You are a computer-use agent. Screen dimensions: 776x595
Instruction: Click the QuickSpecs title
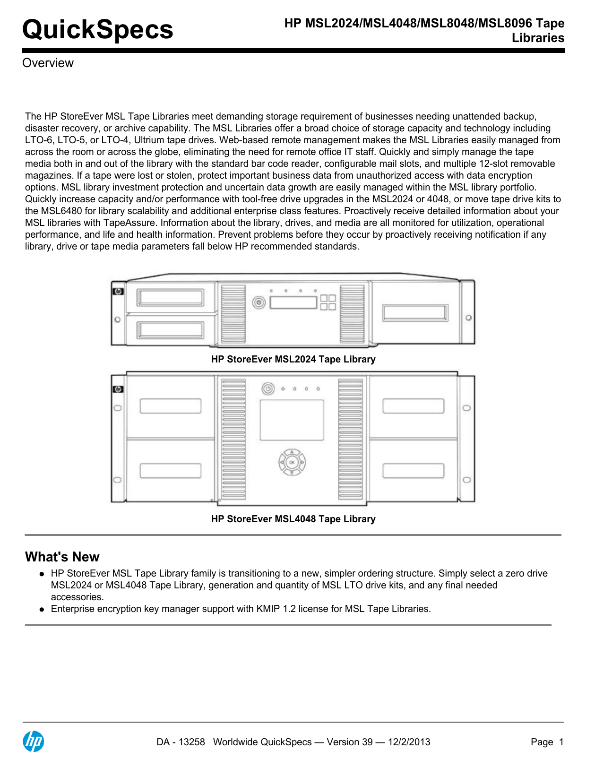pyautogui.click(x=98, y=29)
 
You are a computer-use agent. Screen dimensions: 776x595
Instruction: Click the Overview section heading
pyautogui.click(x=48, y=63)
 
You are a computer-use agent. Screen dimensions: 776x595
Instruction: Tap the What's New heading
pyautogui.click(x=62, y=557)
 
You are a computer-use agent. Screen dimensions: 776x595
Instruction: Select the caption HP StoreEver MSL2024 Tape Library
pyautogui.click(x=293, y=359)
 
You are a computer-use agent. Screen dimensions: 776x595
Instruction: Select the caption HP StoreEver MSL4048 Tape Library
pyautogui.click(x=293, y=519)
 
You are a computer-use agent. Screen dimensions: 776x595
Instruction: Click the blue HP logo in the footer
pyautogui.click(x=34, y=741)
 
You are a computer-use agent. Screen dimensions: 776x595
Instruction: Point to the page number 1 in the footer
pyautogui.click(x=561, y=742)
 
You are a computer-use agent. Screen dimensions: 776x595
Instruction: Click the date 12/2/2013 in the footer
pyautogui.click(x=409, y=742)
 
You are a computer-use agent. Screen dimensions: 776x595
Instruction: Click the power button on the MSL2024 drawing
pyautogui.click(x=259, y=302)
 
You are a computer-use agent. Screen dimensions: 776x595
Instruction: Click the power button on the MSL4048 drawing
pyautogui.click(x=268, y=389)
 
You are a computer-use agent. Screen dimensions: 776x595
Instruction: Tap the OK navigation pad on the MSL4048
pyautogui.click(x=292, y=462)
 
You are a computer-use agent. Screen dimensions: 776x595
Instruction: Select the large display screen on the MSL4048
pyautogui.click(x=292, y=420)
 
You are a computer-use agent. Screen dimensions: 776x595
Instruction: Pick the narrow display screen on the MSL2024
pyautogui.click(x=293, y=302)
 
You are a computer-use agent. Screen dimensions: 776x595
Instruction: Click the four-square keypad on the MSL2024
pyautogui.click(x=328, y=302)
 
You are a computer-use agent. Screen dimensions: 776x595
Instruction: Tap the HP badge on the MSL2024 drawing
pyautogui.click(x=118, y=292)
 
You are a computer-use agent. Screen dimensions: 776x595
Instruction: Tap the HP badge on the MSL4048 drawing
pyautogui.click(x=118, y=389)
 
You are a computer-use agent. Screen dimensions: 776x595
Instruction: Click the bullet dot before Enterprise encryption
pyautogui.click(x=42, y=609)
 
